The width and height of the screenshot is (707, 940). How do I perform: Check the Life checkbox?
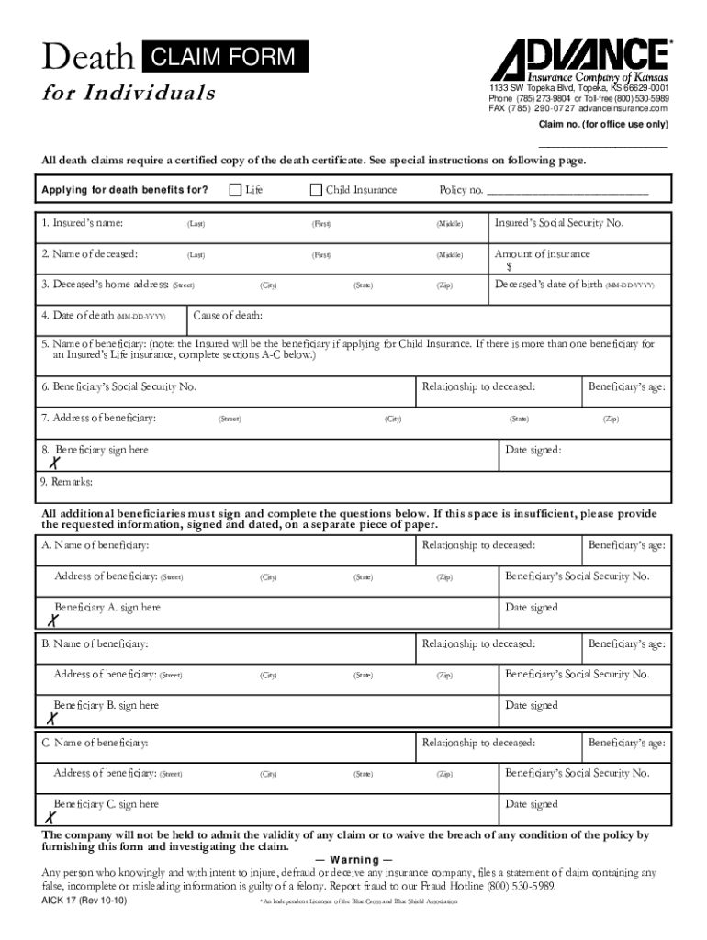point(235,190)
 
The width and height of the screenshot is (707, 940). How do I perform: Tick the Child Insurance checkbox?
point(317,190)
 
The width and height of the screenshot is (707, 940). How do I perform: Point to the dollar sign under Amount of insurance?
point(511,267)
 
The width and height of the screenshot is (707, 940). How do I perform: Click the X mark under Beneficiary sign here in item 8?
point(54,464)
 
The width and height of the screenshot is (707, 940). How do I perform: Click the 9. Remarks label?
point(66,482)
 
